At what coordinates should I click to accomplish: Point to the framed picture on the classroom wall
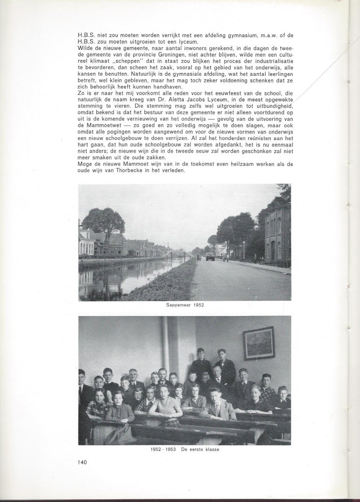(x=259, y=343)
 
